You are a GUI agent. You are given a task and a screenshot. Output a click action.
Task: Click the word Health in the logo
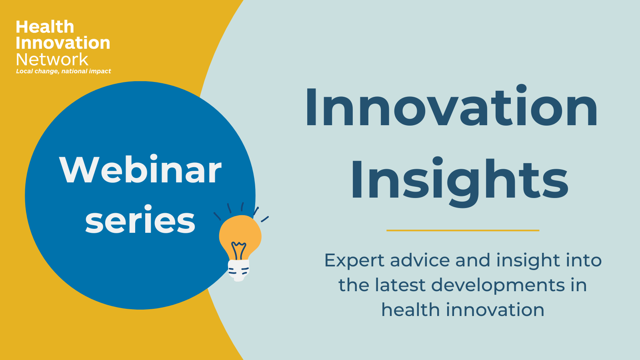pos(45,27)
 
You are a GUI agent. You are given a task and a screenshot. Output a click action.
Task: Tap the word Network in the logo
pos(52,60)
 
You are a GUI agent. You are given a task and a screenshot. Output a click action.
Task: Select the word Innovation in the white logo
pos(63,43)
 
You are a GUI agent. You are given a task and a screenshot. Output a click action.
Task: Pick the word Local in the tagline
pos(24,71)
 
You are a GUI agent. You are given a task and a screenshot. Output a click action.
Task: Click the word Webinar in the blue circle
pos(140,170)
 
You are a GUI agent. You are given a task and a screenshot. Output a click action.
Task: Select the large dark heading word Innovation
pos(452,106)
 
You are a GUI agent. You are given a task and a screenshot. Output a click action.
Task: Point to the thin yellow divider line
pos(463,230)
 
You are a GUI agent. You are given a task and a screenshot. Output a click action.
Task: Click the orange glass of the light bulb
pos(240,233)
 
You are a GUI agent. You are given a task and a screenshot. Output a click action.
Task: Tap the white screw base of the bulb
pos(238,270)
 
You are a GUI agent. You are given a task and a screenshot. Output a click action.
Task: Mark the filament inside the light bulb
pos(238,250)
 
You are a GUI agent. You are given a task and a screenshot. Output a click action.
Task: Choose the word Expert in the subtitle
pos(354,260)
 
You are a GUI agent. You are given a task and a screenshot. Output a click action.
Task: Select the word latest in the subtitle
pos(400,285)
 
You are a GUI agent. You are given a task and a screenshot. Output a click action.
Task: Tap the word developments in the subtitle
pos(498,286)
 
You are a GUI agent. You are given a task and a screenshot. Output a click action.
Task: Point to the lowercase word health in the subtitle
pos(410,310)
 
